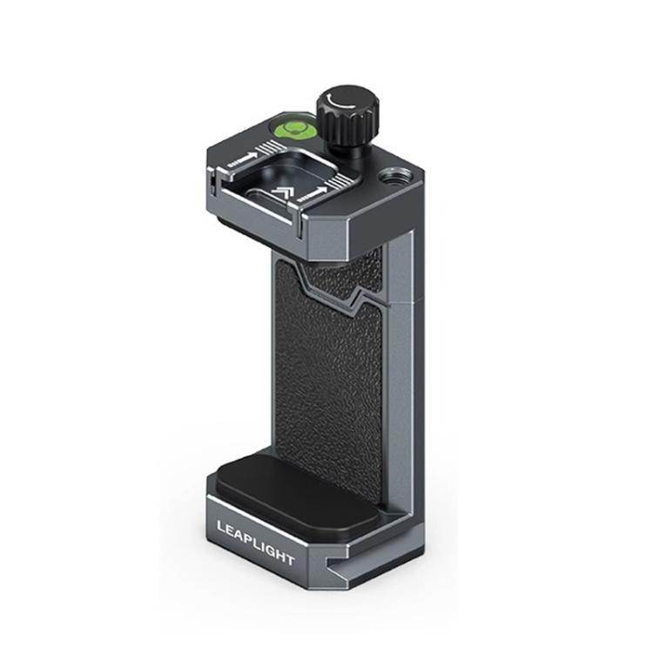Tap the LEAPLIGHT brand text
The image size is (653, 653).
tap(255, 539)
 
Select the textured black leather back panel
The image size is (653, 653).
tap(331, 374)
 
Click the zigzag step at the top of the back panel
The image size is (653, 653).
tap(335, 292)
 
